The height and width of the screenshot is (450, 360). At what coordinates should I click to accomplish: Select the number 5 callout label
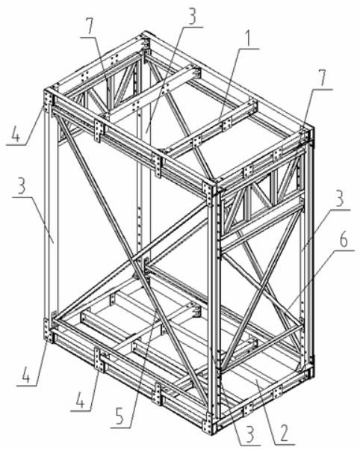[120, 416]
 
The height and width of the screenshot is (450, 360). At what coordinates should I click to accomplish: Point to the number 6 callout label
[343, 240]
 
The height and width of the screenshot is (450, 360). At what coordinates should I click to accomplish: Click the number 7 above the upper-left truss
[90, 26]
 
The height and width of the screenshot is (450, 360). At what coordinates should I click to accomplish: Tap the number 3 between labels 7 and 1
[191, 17]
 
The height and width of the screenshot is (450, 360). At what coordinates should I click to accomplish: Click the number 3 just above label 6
[339, 200]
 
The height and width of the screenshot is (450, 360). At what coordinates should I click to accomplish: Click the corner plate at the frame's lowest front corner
[208, 423]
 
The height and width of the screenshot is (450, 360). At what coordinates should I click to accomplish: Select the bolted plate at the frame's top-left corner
[48, 99]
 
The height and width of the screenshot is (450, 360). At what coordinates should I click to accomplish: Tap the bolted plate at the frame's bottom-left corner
[49, 330]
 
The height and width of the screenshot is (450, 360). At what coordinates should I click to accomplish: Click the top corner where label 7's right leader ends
[306, 131]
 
